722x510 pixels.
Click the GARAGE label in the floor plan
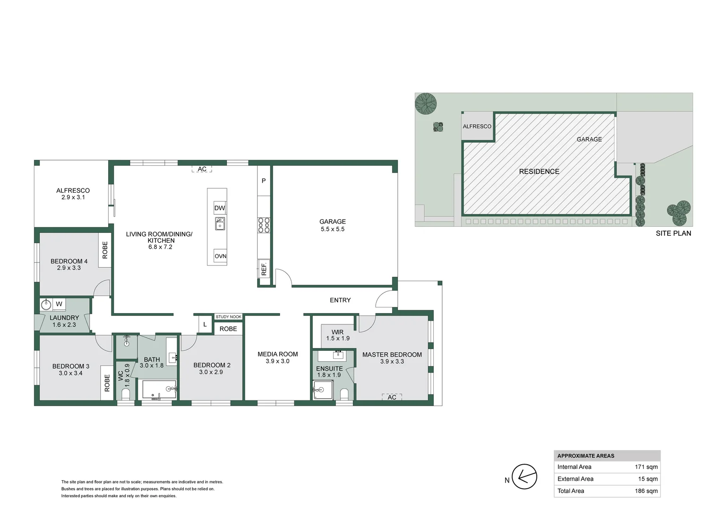point(332,221)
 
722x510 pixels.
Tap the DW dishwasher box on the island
point(220,208)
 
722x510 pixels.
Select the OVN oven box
point(220,256)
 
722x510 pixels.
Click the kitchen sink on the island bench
point(220,223)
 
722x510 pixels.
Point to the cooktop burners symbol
point(264,225)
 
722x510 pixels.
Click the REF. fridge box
point(264,269)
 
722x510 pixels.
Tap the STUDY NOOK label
point(229,317)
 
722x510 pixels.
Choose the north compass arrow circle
point(524,476)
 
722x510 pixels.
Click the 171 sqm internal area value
point(646,467)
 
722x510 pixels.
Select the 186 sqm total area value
point(646,491)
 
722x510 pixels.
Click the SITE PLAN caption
point(673,233)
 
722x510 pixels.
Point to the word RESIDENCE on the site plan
point(539,171)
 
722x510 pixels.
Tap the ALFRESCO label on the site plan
point(477,127)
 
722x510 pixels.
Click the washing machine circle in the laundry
point(46,305)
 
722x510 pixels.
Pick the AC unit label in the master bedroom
point(392,397)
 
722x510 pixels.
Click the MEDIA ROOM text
point(277,354)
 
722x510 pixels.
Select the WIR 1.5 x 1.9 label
point(337,335)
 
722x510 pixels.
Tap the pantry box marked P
point(264,181)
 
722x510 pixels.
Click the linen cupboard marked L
point(205,324)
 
